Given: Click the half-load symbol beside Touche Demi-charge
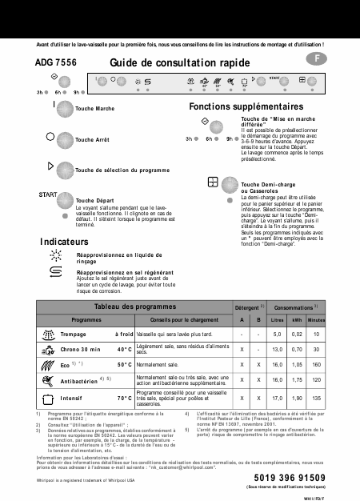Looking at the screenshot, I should pos(213,182).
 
